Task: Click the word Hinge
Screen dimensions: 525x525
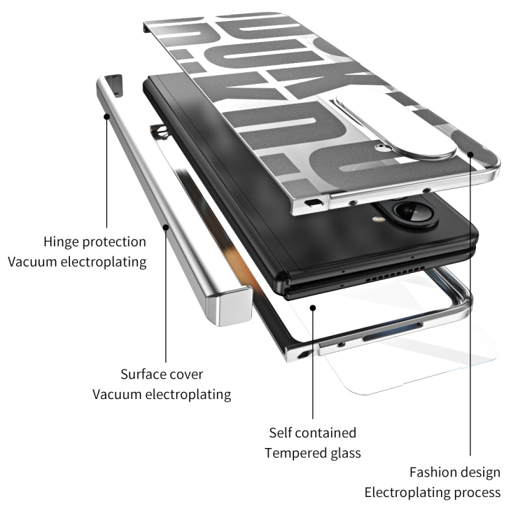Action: tap(61, 241)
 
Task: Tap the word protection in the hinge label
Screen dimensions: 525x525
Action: tap(115, 242)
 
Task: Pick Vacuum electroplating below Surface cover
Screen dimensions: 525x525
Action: tap(162, 394)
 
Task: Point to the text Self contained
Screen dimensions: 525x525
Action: tap(312, 433)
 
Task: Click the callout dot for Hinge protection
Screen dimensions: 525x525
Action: tap(107, 116)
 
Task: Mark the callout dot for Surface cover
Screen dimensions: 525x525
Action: tap(166, 227)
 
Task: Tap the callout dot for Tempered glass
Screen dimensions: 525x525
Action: tap(313, 306)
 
